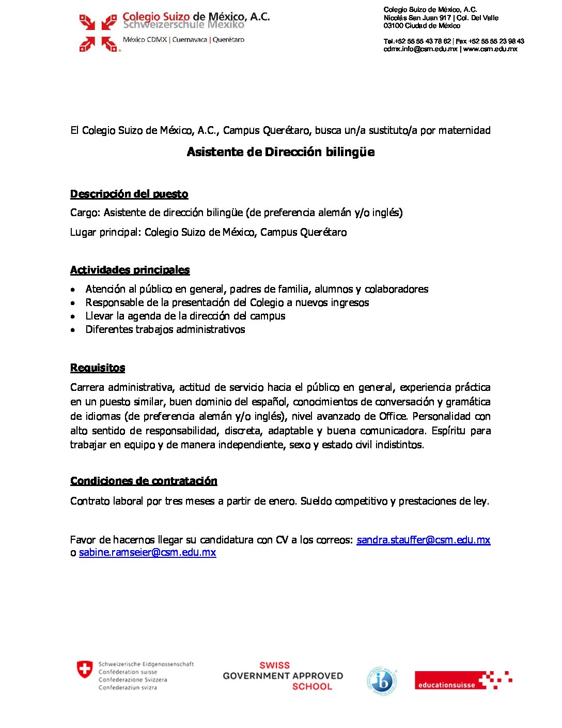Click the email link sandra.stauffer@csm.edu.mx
[423, 540]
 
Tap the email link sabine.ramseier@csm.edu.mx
[147, 552]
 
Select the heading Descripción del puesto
[129, 194]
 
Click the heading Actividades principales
[130, 270]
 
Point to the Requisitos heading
[98, 368]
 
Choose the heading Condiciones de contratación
[144, 481]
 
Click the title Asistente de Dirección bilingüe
[280, 152]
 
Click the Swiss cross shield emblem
[85, 669]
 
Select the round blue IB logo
[382, 681]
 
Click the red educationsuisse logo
[463, 680]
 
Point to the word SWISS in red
[274, 665]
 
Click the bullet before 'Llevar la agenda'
[73, 316]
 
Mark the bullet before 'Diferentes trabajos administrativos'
[73, 330]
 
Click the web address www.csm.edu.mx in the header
[490, 49]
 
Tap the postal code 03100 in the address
[393, 25]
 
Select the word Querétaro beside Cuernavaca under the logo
[228, 40]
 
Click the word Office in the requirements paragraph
[393, 416]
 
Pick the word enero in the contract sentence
[282, 501]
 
